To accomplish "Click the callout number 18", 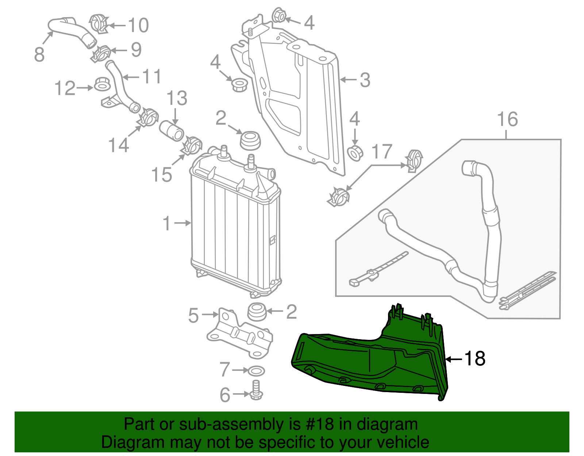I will (474, 359).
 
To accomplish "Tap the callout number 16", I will (507, 119).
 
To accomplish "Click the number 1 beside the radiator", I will (166, 223).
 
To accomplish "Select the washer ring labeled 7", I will (256, 371).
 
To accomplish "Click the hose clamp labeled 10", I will (98, 23).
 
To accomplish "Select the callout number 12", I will (65, 88).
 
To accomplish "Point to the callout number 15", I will (162, 175).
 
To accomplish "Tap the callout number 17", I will (382, 152).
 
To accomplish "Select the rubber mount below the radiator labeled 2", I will (257, 312).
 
